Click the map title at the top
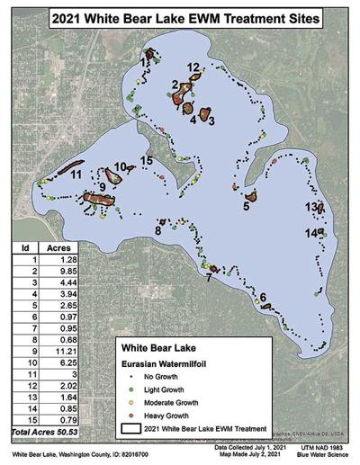(181, 16)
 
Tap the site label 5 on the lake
(246, 206)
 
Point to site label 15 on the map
(146, 161)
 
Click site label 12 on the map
(193, 67)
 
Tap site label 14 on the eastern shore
(310, 233)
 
